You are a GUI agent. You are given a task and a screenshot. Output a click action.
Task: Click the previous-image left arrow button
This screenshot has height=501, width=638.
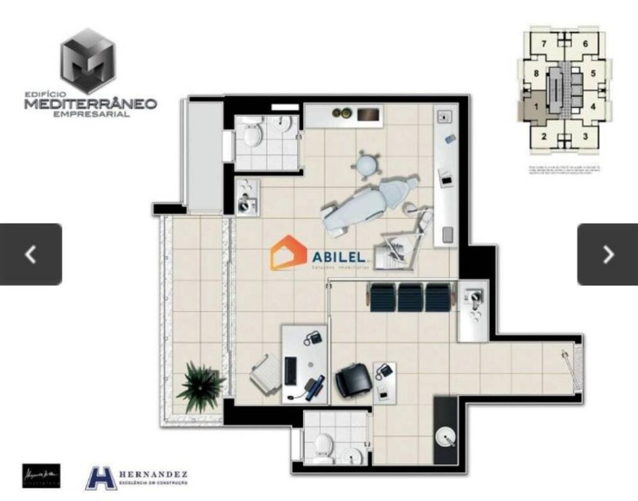click(31, 254)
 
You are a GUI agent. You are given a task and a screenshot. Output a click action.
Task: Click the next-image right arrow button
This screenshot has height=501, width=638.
click(607, 254)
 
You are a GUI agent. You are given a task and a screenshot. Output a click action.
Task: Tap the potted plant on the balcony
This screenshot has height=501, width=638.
click(200, 385)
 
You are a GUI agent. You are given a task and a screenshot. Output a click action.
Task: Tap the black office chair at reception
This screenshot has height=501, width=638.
click(353, 380)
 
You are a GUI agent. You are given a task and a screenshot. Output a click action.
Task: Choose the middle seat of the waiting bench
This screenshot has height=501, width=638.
click(410, 298)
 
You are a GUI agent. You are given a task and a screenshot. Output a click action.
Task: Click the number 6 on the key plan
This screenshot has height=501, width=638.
click(584, 44)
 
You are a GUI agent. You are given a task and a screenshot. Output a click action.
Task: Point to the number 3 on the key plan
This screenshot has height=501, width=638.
click(585, 136)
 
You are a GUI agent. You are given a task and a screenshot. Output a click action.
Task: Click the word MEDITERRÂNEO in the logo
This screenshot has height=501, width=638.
click(91, 103)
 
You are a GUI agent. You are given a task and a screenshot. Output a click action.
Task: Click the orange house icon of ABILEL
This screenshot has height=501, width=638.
click(289, 253)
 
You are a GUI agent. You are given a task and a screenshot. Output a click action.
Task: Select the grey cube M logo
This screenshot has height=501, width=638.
click(89, 61)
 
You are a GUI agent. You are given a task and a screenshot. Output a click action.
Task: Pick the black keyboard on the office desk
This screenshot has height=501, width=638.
click(290, 371)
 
